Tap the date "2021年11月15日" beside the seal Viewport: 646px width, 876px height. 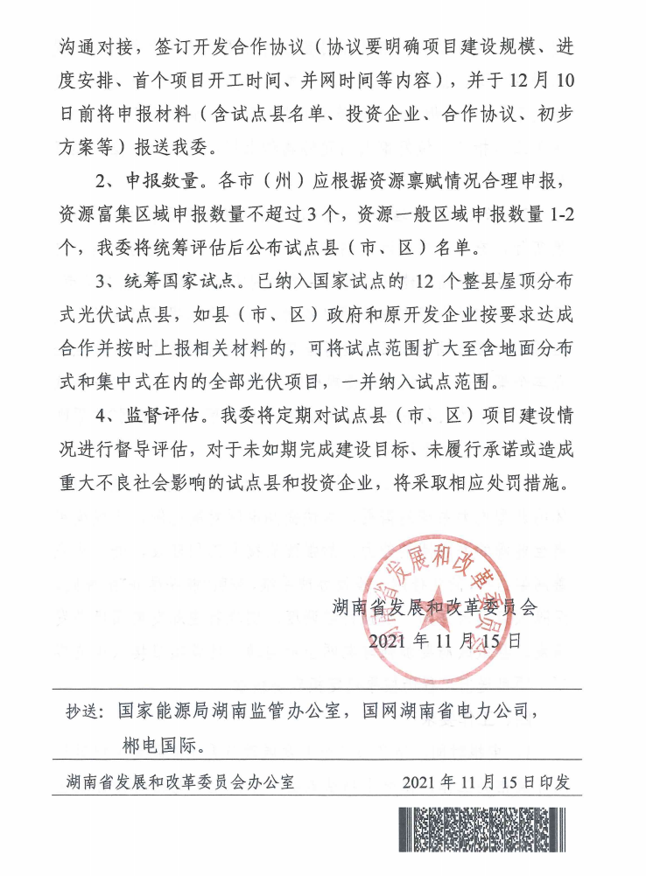[x=445, y=641]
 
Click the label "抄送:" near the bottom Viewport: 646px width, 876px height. [x=87, y=711]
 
